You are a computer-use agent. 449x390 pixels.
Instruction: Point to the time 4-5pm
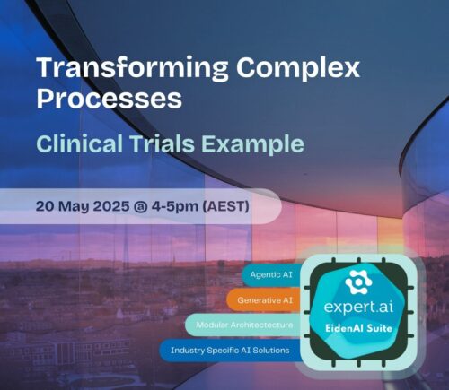pos(195,205)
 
